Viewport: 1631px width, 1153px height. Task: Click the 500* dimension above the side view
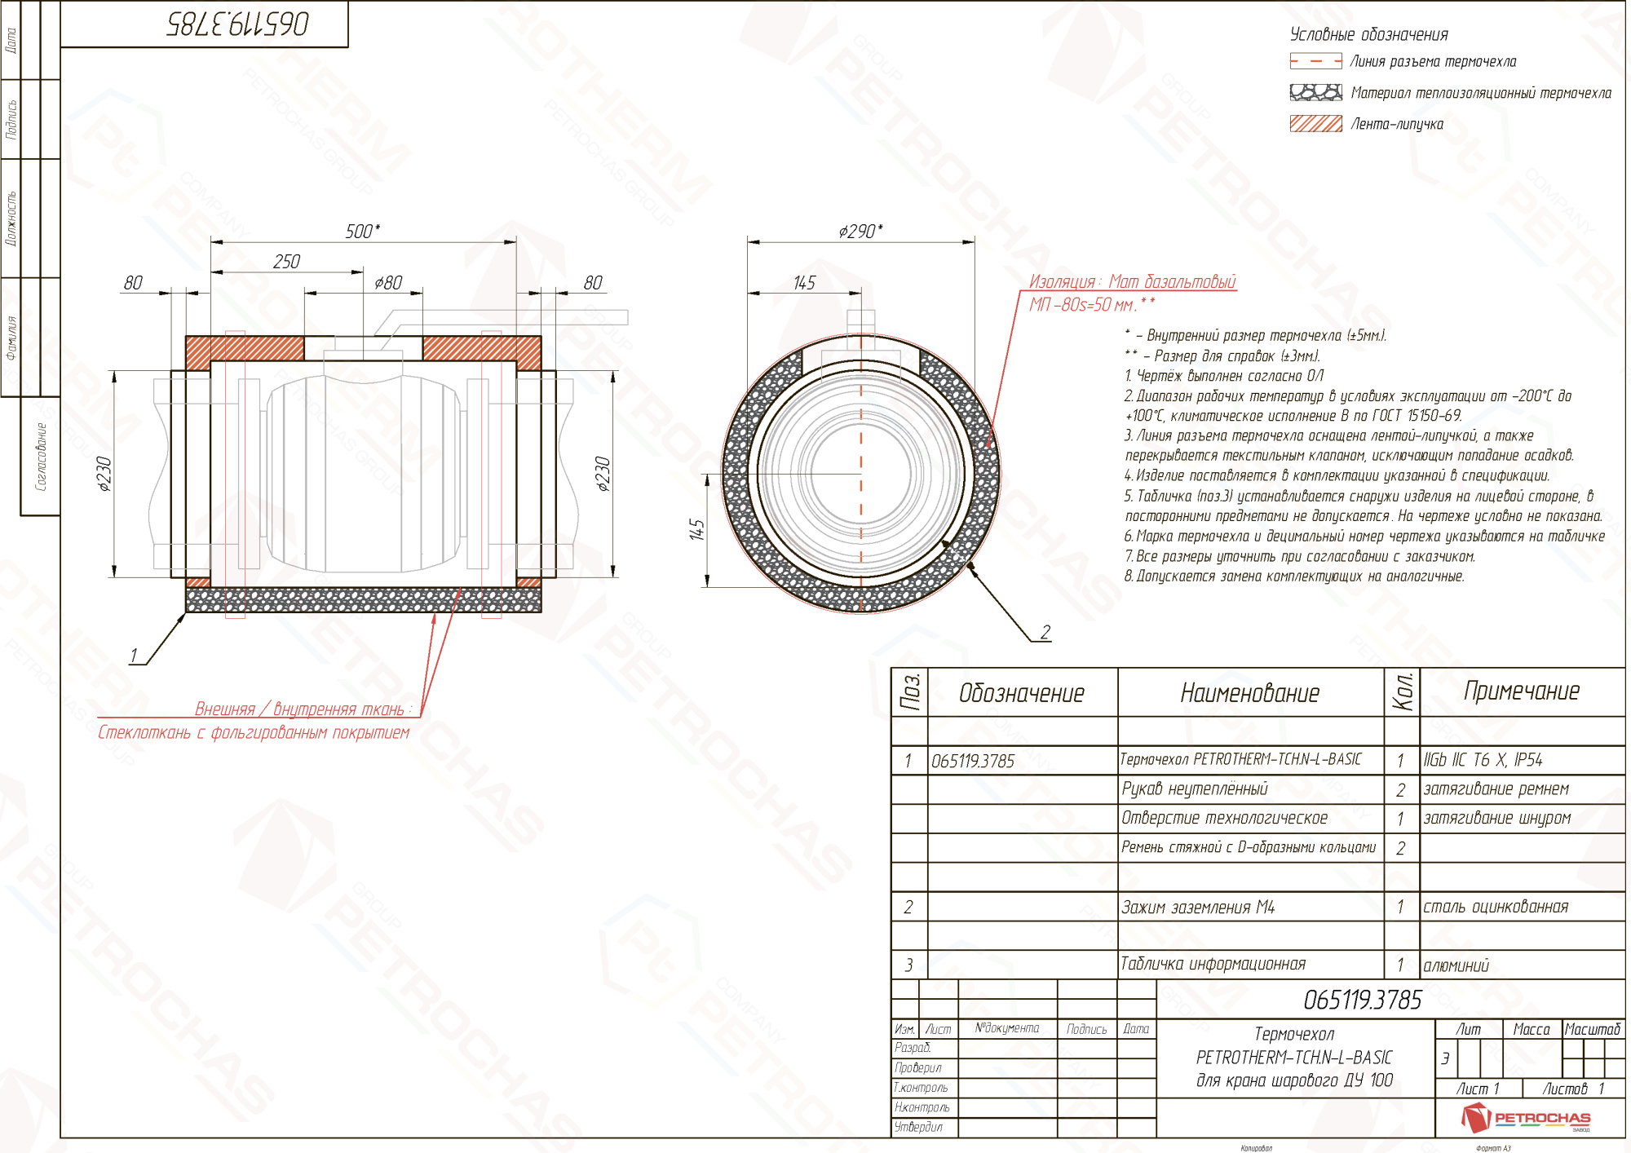[x=362, y=232]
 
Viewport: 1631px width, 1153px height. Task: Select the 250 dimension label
[x=286, y=262]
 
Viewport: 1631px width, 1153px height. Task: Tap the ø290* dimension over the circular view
[x=860, y=232]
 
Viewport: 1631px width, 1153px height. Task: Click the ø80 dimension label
[x=388, y=283]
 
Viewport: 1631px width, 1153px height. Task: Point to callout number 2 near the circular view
[x=1045, y=632]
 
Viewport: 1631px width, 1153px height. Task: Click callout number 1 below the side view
[x=134, y=656]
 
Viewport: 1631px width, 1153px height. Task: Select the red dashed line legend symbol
[x=1315, y=61]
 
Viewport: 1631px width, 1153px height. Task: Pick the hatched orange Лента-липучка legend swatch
[x=1315, y=124]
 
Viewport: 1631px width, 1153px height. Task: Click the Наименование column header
[x=1249, y=693]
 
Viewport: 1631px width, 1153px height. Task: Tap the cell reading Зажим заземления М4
[x=1197, y=908]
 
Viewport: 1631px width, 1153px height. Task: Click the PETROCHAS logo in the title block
[x=1525, y=1118]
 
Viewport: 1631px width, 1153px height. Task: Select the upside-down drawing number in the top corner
[x=237, y=24]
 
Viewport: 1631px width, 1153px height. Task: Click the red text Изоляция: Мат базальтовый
[x=1132, y=282]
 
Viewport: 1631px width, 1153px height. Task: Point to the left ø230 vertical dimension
[x=104, y=474]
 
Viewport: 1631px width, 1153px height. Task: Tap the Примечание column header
[x=1521, y=691]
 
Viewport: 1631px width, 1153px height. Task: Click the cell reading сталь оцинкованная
[x=1496, y=908]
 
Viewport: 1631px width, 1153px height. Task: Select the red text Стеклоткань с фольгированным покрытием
[x=254, y=733]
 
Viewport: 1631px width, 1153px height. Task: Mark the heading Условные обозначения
[x=1368, y=34]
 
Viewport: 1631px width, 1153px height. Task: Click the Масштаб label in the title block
[x=1592, y=1030]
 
